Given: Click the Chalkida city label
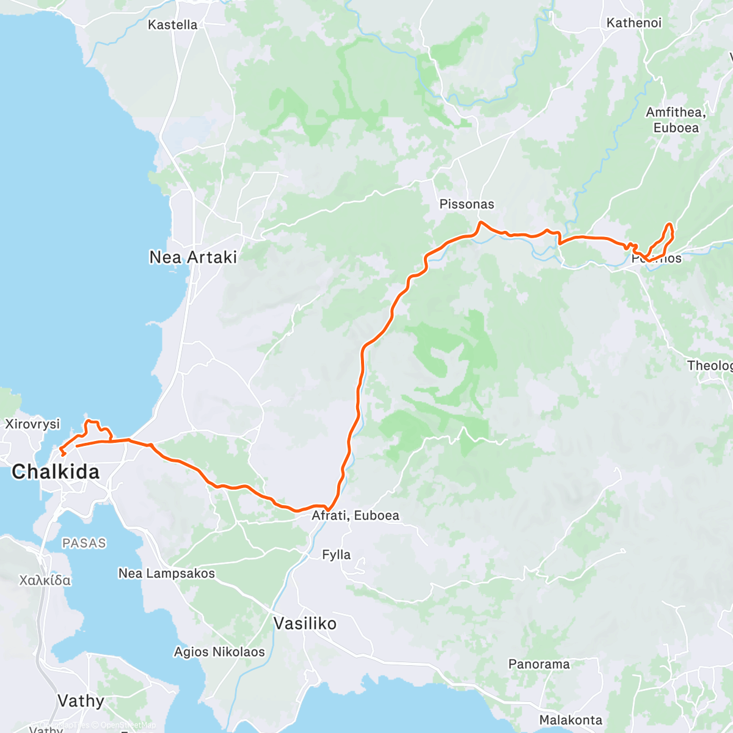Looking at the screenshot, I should [x=56, y=472].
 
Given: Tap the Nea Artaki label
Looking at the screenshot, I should [x=193, y=257].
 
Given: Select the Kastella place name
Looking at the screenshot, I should [x=173, y=25].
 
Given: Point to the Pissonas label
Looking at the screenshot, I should [x=467, y=204].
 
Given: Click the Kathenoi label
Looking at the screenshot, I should [x=634, y=23].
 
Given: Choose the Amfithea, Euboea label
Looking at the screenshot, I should [x=676, y=120].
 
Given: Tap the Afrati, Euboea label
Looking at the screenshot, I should [x=356, y=516].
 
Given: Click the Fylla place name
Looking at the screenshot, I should [x=337, y=555].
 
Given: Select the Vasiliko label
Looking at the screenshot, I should [x=305, y=624].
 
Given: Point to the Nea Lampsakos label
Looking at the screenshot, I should [x=167, y=574].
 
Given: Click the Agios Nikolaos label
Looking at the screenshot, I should [x=219, y=652].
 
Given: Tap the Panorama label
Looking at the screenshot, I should [x=539, y=664].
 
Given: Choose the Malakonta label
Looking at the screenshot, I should [x=571, y=720].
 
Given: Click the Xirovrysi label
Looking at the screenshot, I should [x=32, y=424].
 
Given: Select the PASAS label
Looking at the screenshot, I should [x=84, y=543].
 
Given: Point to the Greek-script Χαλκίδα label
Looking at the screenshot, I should [x=45, y=580].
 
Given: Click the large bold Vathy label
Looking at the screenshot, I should [x=81, y=701].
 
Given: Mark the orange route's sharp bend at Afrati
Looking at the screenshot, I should [x=329, y=509].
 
